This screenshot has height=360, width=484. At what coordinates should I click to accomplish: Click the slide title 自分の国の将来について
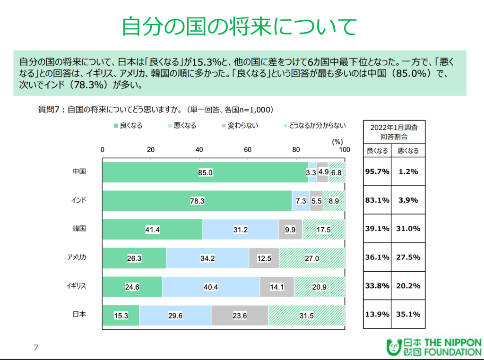pyautogui.click(x=239, y=27)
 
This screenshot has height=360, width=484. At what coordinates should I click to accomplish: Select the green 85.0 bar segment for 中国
pyautogui.click(x=205, y=172)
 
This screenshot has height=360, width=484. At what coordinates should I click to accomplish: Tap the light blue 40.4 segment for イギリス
pyautogui.click(x=211, y=287)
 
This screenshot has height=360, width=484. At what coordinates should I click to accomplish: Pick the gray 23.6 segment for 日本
pyautogui.click(x=240, y=315)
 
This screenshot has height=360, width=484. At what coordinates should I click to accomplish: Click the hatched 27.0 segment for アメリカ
pyautogui.click(x=312, y=258)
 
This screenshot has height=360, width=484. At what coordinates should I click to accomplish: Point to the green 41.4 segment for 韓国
pyautogui.click(x=153, y=230)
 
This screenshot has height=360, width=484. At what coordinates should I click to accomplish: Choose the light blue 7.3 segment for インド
pyautogui.click(x=301, y=201)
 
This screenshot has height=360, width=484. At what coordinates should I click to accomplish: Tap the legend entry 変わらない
pyautogui.click(x=239, y=126)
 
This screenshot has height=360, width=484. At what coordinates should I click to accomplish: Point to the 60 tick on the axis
pyautogui.click(x=248, y=150)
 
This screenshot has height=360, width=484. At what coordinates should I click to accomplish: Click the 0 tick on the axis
pyautogui.click(x=103, y=150)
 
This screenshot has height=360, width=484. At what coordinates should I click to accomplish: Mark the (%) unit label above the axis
pyautogui.click(x=337, y=141)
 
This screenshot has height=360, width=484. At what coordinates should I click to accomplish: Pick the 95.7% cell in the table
pyautogui.click(x=377, y=171)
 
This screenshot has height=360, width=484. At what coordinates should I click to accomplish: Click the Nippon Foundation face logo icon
pyautogui.click(x=393, y=347)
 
